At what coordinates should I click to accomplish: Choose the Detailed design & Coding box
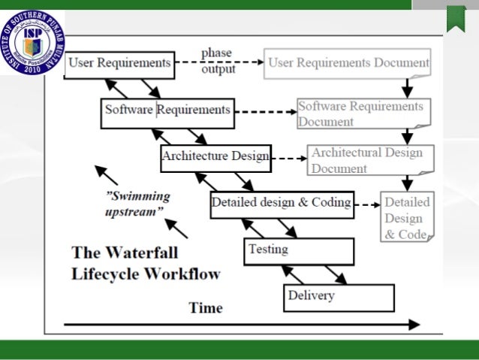281,203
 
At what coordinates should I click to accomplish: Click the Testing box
299,250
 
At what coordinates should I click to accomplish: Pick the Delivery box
338,297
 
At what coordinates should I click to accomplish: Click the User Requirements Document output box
348,64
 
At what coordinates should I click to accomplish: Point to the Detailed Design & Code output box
407,218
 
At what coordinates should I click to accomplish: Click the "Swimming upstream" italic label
137,204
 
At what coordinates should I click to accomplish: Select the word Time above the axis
206,307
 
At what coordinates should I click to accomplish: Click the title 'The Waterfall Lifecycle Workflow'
146,262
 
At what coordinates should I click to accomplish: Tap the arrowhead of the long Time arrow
414,325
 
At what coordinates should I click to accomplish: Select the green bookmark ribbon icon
455,18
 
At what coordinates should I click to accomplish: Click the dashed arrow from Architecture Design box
288,159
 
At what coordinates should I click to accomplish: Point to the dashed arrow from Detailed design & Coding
366,204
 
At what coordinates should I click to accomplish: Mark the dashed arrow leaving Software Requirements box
265,112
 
